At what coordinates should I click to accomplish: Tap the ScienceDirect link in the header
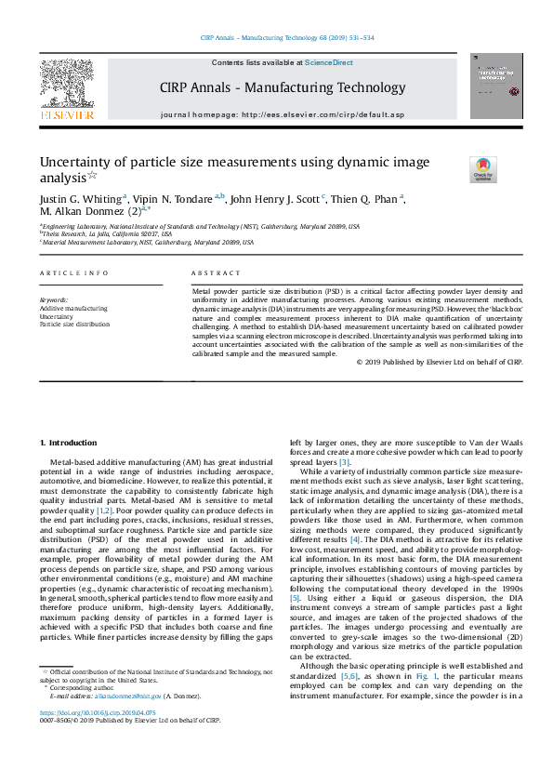[330, 62]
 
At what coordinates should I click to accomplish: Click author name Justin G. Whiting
[80, 199]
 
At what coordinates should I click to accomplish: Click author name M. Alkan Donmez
[86, 212]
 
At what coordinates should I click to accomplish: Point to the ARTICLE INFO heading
[74, 273]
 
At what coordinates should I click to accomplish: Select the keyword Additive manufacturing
[73, 308]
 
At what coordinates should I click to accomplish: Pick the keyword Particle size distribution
[74, 324]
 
